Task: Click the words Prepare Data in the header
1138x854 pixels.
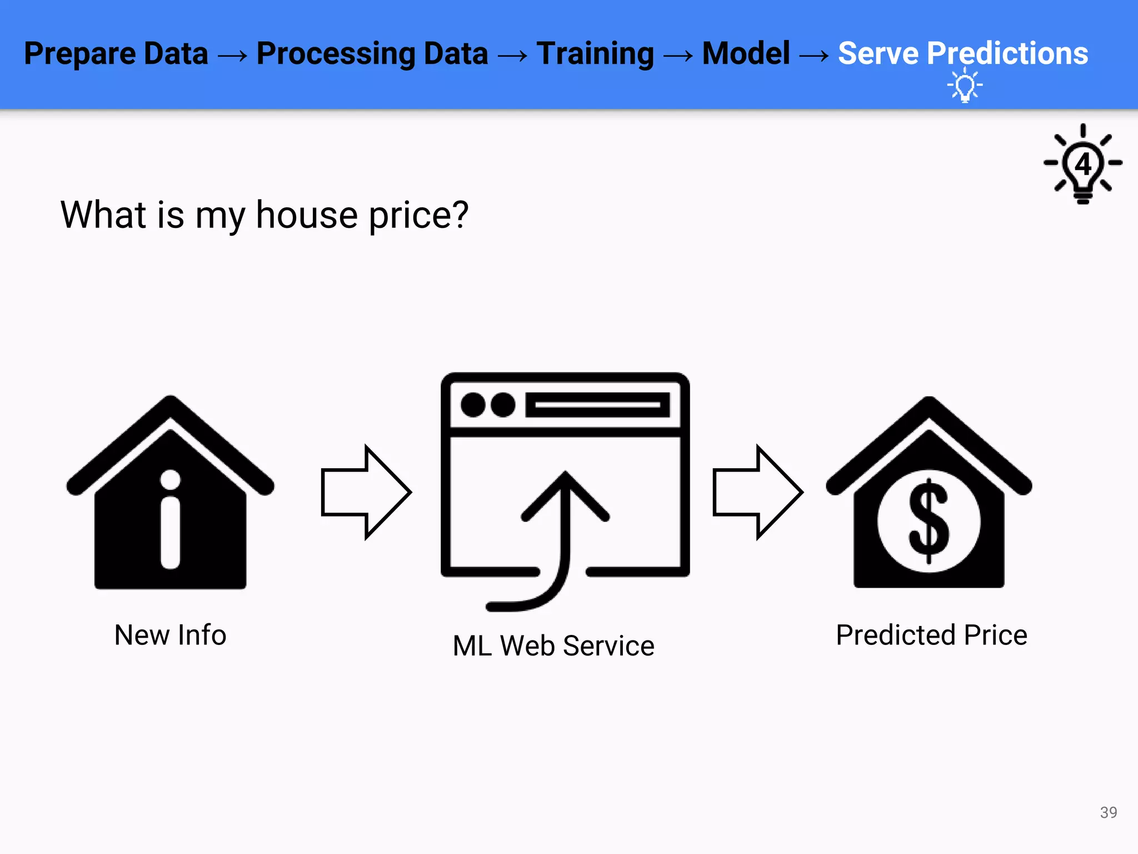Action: tap(116, 54)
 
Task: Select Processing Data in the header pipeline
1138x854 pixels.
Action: tap(372, 54)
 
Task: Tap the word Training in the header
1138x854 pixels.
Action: tap(595, 54)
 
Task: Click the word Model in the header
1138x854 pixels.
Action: tap(746, 54)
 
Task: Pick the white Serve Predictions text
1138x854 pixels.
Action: tap(962, 54)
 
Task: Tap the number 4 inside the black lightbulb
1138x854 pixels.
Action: tap(1083, 165)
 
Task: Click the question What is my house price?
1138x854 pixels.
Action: tap(264, 215)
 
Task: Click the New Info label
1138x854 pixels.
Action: tap(170, 635)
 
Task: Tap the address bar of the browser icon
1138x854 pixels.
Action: tap(597, 405)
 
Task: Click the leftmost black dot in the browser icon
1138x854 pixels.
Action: tap(473, 405)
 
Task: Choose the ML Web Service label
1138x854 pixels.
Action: tap(553, 646)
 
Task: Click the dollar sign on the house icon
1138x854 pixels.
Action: tap(929, 522)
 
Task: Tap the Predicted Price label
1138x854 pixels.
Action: tap(931, 635)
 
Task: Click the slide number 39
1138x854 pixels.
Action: tap(1108, 812)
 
